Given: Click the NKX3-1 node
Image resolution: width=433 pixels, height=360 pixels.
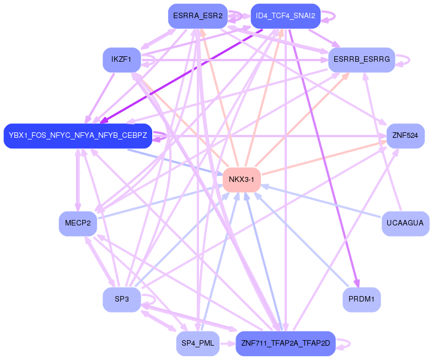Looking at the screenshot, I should (x=242, y=180).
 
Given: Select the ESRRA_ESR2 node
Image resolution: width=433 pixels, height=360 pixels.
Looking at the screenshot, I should (x=197, y=16).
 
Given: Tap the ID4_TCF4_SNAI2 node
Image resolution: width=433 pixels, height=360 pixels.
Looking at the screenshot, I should (x=285, y=16).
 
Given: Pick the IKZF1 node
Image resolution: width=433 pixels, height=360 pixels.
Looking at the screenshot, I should (x=121, y=60).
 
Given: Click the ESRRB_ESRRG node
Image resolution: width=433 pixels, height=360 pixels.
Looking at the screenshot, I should (x=361, y=60).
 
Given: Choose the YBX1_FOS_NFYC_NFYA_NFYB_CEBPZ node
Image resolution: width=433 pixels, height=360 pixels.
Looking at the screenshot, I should (x=78, y=136).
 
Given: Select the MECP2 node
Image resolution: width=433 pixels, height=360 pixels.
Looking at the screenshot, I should (x=78, y=223).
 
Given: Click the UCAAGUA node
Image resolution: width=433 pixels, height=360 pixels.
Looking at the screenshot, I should (x=405, y=223).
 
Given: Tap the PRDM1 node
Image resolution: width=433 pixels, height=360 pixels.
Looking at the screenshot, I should (x=361, y=299).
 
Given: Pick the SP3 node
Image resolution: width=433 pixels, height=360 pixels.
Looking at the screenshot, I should (x=121, y=299).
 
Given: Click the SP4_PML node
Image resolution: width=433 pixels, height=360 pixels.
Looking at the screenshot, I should (x=197, y=343).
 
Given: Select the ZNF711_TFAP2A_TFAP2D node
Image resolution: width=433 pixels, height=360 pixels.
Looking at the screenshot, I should (x=285, y=343).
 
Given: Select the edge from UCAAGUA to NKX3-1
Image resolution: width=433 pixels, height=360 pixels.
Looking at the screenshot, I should (x=320, y=201).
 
